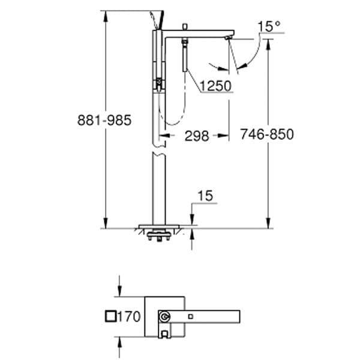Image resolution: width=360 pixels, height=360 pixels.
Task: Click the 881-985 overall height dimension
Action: click(104, 120)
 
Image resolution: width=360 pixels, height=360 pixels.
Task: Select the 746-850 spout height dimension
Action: click(267, 134)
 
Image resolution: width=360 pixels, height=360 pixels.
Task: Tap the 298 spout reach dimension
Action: click(197, 136)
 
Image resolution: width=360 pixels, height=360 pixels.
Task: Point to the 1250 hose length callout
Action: click(215, 86)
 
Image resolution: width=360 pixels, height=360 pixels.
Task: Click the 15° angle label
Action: click(269, 26)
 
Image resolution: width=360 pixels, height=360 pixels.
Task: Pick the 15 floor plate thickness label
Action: click(205, 196)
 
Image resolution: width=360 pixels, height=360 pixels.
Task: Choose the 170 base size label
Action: click(129, 316)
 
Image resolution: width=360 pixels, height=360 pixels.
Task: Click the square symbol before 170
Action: click(111, 316)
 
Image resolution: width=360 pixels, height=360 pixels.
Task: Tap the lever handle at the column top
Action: click(157, 20)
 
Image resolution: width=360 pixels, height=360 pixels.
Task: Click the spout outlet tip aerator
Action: click(229, 38)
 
